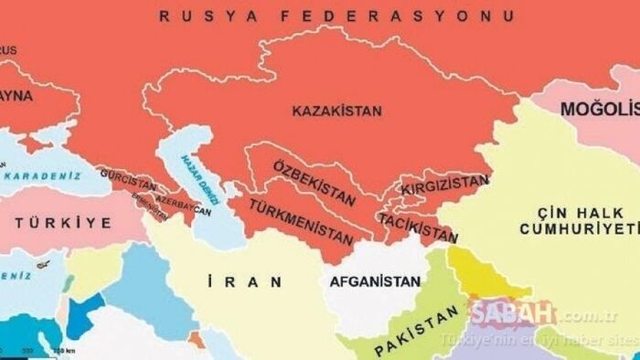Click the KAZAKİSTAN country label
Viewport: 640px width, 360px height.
336,111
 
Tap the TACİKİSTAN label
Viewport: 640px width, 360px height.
418,226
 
